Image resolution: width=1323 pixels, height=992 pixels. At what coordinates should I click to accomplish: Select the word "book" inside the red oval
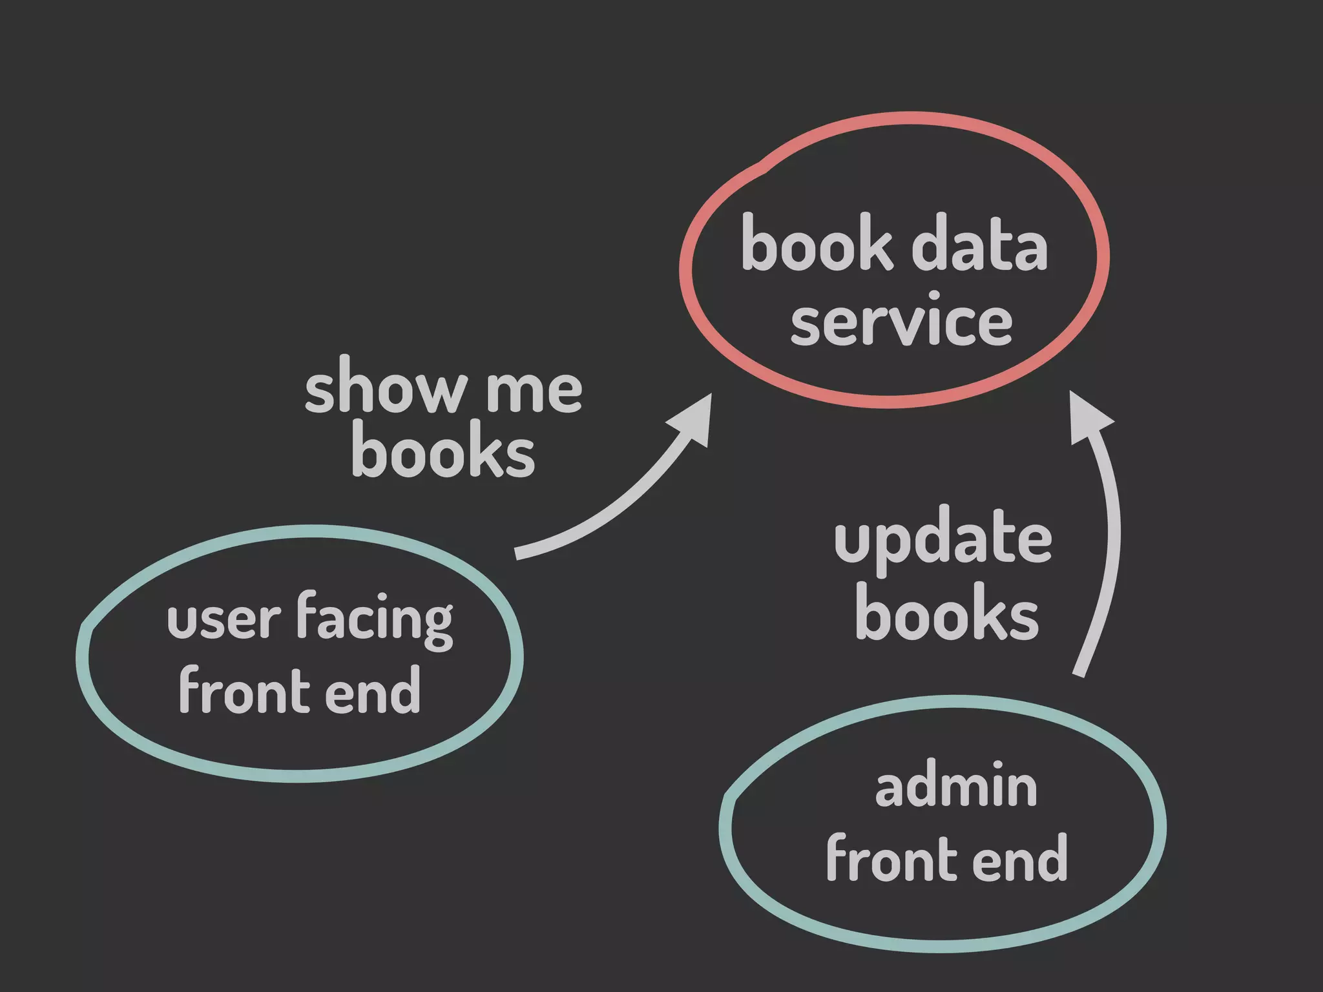coord(817,243)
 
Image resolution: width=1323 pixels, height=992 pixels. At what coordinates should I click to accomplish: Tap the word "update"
coord(943,541)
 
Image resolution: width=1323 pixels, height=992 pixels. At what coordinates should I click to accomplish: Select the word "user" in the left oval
coord(224,620)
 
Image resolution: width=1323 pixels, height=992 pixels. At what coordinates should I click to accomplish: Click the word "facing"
coord(375,620)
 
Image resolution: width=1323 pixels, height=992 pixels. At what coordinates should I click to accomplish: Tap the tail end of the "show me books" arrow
coord(518,553)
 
